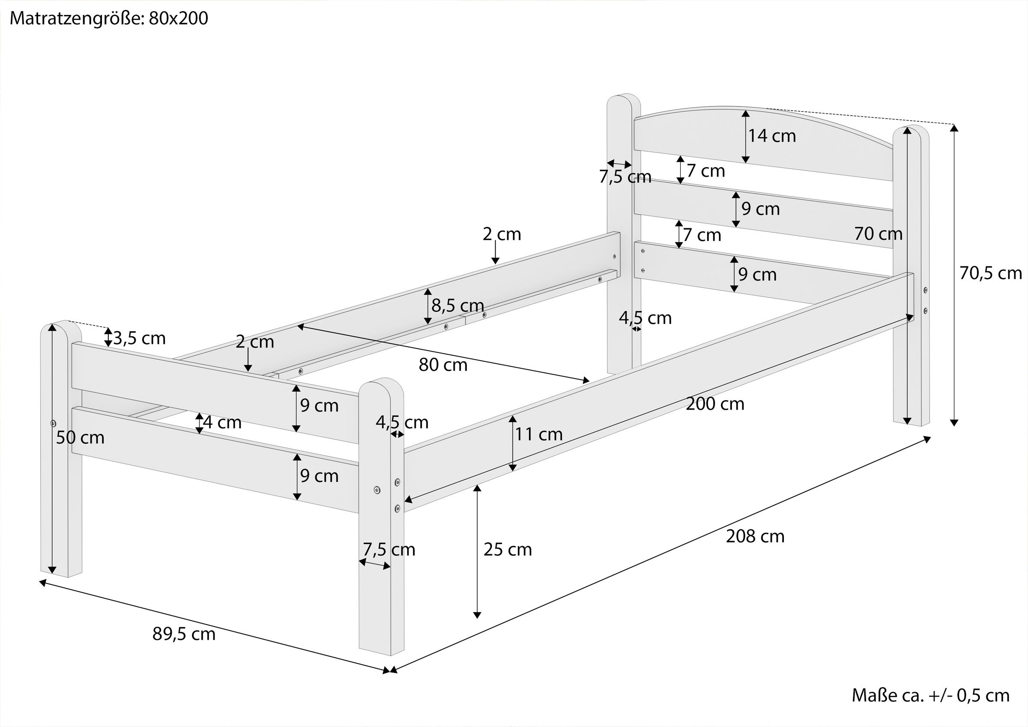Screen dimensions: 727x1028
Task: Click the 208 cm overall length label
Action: point(755,536)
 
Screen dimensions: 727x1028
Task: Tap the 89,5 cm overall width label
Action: point(184,634)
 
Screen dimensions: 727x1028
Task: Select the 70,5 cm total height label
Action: point(990,273)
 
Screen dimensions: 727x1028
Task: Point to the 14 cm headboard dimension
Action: point(772,136)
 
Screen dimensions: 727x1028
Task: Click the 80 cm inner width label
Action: point(443,365)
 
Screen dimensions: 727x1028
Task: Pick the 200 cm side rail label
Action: point(715,404)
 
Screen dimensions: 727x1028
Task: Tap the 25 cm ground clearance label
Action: point(507,550)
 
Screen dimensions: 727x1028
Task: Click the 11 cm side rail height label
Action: point(538,434)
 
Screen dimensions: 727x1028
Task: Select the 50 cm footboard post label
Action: point(80,438)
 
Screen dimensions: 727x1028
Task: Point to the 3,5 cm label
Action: point(139,338)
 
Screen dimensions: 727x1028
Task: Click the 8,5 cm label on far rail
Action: point(457,305)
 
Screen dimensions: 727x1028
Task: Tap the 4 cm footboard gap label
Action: point(222,422)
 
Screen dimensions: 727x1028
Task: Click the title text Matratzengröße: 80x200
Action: point(109,19)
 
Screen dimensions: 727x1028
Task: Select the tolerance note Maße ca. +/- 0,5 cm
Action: point(930,695)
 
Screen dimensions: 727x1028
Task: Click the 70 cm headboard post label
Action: point(878,234)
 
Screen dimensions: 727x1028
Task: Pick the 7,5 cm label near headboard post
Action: point(625,177)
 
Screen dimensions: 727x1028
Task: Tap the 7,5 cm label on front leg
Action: point(388,550)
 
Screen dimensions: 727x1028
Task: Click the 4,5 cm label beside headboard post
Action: point(645,318)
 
